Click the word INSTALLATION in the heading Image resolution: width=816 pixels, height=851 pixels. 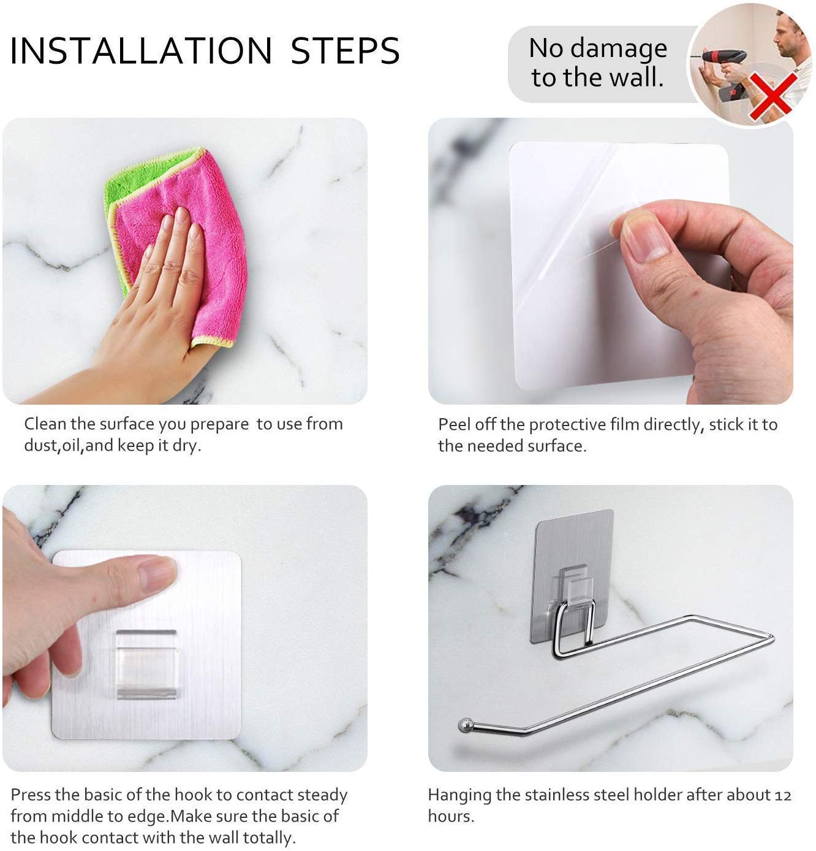coord(141,51)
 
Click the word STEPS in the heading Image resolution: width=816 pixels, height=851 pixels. coord(345,51)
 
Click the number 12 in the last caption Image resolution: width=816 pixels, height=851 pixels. coord(782,795)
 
